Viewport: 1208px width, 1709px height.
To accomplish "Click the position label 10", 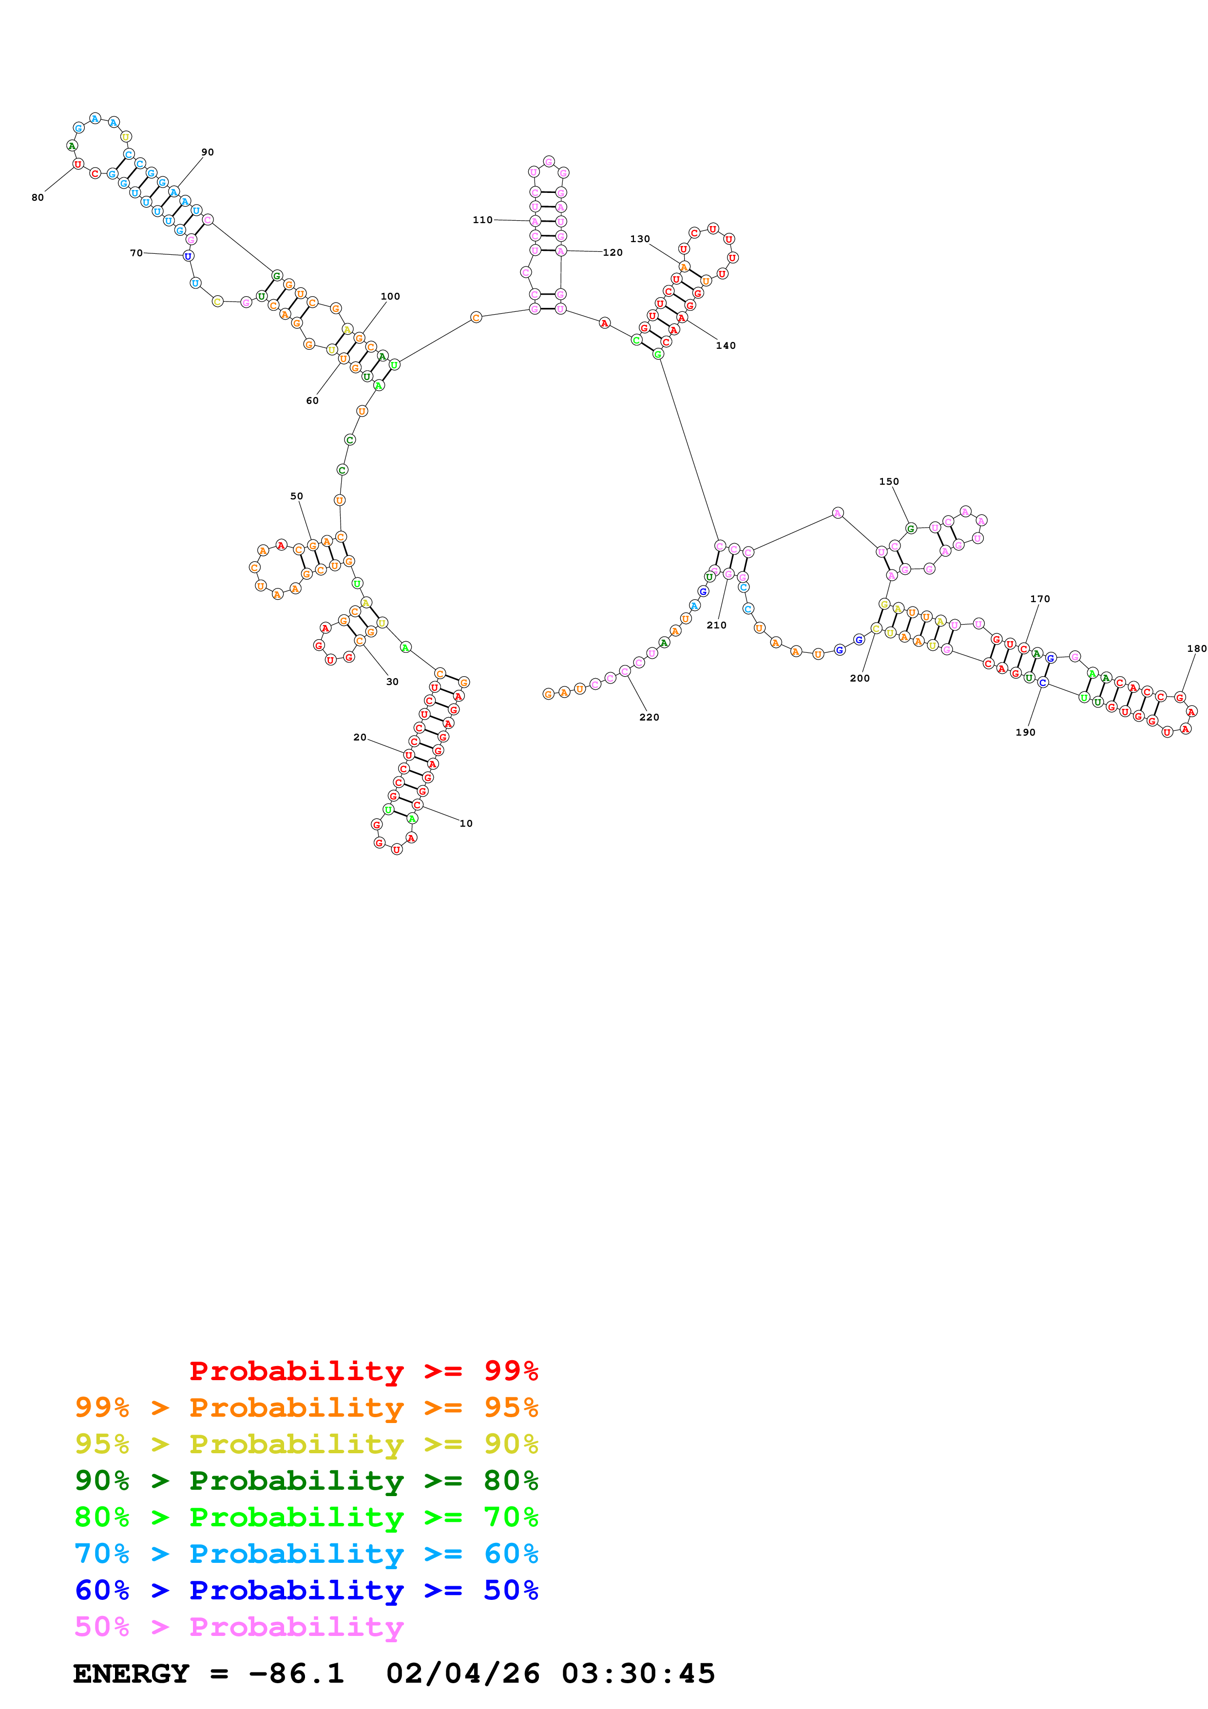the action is [466, 823].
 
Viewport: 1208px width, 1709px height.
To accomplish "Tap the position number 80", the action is [37, 197].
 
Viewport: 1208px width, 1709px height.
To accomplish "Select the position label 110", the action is [482, 220].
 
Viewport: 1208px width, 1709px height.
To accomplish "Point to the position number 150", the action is [889, 482].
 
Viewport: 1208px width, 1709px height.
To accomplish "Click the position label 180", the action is [1197, 648].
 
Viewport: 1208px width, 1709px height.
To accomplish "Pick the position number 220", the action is [649, 717].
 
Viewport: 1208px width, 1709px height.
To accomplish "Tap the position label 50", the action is [296, 496].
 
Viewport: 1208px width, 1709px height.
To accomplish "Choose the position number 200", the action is [860, 678].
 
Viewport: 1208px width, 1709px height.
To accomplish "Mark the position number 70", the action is [136, 253].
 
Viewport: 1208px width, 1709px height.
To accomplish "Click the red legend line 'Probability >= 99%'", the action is [363, 1371].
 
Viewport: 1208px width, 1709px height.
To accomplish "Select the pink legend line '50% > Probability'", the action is [239, 1627].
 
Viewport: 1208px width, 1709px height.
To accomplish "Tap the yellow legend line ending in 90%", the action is [306, 1444].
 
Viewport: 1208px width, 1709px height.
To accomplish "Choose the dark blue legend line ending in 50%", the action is [306, 1590].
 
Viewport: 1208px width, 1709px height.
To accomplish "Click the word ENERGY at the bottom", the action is [131, 1674].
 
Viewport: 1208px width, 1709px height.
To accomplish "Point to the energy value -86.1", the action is [296, 1674].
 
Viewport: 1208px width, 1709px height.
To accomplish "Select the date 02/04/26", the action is [462, 1674].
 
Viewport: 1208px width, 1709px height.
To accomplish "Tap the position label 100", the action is [390, 296].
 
